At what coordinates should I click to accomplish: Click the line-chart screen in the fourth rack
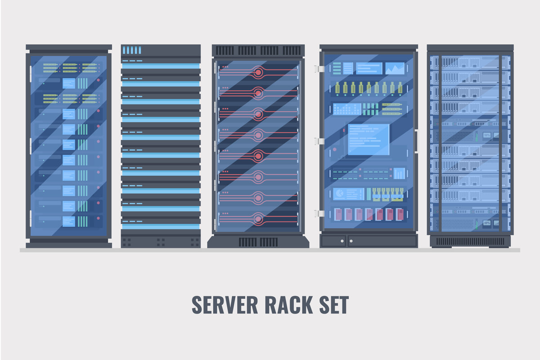[395, 68]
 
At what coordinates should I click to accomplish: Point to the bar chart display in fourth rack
[399, 173]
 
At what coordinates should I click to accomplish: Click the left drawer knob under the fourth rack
[342, 241]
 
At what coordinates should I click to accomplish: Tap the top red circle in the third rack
[258, 71]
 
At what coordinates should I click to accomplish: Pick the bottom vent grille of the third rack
[258, 242]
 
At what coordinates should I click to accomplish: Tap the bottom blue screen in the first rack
[68, 221]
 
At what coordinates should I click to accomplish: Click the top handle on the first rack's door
[30, 70]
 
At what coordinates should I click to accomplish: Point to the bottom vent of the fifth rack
[470, 241]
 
